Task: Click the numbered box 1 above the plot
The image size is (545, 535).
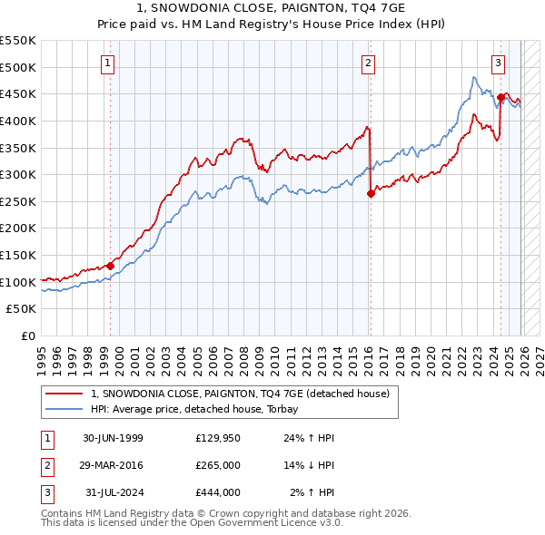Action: point(108,63)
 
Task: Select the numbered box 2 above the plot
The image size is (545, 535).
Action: point(368,63)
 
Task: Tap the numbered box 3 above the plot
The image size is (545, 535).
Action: point(499,63)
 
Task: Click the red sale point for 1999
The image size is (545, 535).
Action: point(110,266)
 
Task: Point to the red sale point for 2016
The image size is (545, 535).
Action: point(371,193)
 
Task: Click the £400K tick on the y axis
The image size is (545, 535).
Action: point(18,121)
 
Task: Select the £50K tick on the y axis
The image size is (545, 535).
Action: point(22,309)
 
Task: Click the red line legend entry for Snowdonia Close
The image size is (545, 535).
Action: point(240,394)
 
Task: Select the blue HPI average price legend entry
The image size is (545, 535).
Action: point(201,409)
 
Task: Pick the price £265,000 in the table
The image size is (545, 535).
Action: point(218,465)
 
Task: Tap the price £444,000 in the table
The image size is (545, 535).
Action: point(218,492)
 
